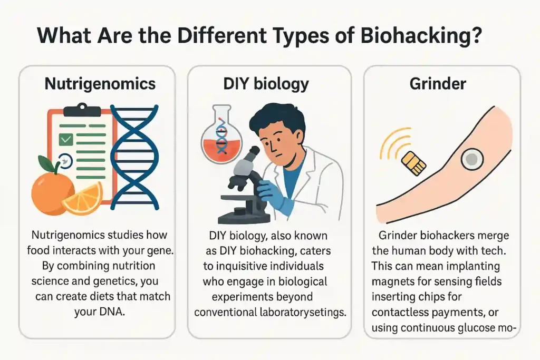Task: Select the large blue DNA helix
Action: point(134,158)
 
